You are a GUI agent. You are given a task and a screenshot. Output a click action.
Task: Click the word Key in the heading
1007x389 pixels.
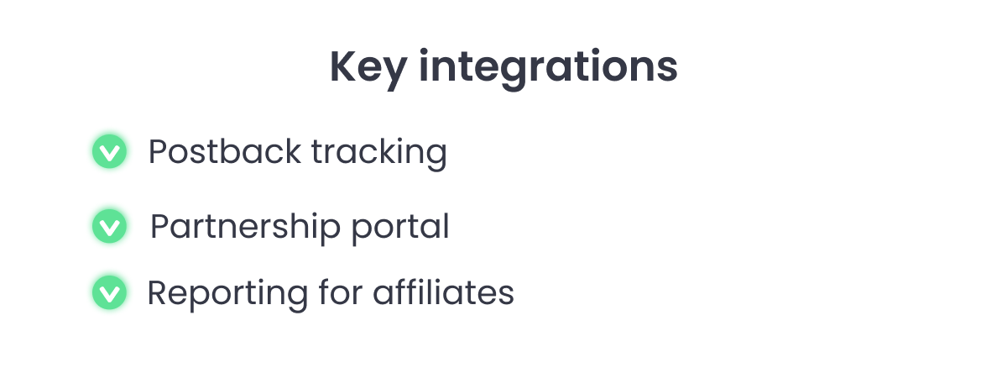[368, 68]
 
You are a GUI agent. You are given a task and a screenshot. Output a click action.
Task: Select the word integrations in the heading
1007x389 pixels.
[548, 67]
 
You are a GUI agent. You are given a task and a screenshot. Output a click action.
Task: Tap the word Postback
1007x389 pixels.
[225, 151]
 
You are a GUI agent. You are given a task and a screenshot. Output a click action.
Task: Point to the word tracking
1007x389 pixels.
[379, 154]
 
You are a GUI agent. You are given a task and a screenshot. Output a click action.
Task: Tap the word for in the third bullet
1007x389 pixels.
[341, 292]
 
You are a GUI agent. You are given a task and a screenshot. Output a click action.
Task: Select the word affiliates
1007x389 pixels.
[443, 292]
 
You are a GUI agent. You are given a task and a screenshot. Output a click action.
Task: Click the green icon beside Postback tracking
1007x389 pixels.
[109, 151]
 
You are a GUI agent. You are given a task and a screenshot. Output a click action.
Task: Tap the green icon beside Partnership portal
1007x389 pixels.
[109, 226]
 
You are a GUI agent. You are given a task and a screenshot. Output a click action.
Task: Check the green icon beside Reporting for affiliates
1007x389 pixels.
[109, 292]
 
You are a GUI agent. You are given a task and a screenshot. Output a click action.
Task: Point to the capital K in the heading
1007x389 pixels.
[343, 66]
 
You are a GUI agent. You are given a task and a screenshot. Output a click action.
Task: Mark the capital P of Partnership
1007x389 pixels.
[160, 226]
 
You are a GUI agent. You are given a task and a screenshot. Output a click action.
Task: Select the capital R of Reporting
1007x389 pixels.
[158, 292]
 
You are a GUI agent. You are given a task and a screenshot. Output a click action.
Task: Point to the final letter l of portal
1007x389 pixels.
[446, 225]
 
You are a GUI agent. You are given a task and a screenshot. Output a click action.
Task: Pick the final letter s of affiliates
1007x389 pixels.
[506, 296]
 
